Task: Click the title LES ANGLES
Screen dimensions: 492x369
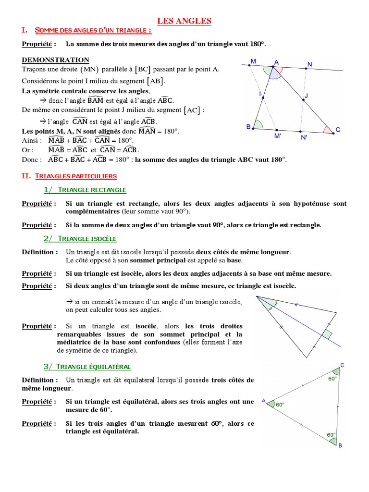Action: click(185, 21)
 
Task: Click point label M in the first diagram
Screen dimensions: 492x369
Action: click(253, 61)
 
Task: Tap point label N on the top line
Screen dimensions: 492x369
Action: click(309, 64)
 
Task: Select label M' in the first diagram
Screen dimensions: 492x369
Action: click(277, 136)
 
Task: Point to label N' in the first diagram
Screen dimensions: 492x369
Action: click(304, 137)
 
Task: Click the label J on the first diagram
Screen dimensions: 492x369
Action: click(306, 96)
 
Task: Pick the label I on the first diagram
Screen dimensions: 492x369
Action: click(259, 93)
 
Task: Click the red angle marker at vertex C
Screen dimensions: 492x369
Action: click(328, 130)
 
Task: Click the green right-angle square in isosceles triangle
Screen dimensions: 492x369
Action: click(327, 334)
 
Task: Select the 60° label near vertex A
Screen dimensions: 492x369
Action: click(280, 405)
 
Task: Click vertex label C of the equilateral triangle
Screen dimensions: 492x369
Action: click(342, 366)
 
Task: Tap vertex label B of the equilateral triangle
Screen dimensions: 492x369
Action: click(340, 446)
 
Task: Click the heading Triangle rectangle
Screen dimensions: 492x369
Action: click(92, 190)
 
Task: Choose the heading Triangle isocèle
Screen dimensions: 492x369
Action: click(86, 239)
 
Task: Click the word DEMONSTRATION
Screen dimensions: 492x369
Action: click(55, 60)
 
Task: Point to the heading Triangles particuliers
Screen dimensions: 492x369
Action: click(74, 176)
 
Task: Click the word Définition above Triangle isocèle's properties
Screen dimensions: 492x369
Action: click(40, 252)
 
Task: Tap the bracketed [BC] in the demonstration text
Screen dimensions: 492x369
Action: click(143, 69)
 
